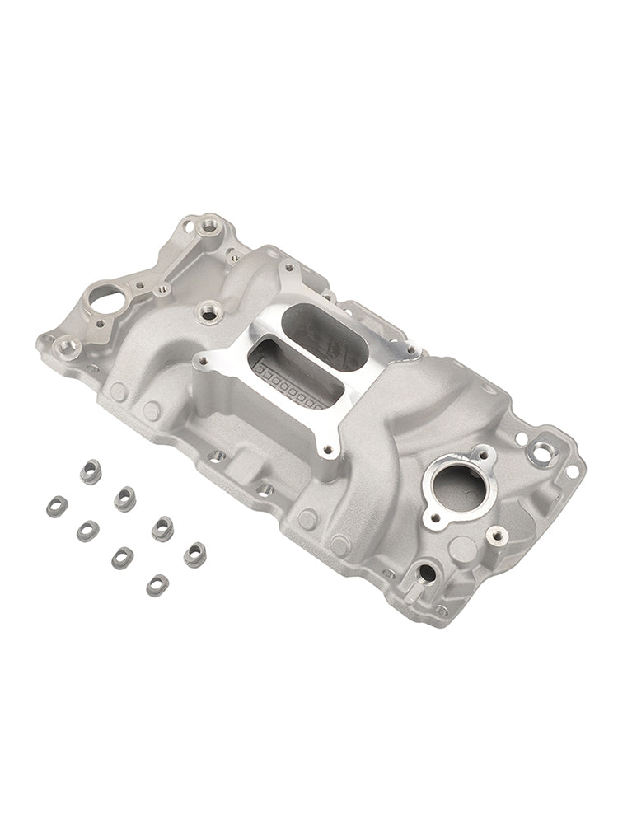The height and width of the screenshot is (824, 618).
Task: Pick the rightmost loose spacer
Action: (x=194, y=553)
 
